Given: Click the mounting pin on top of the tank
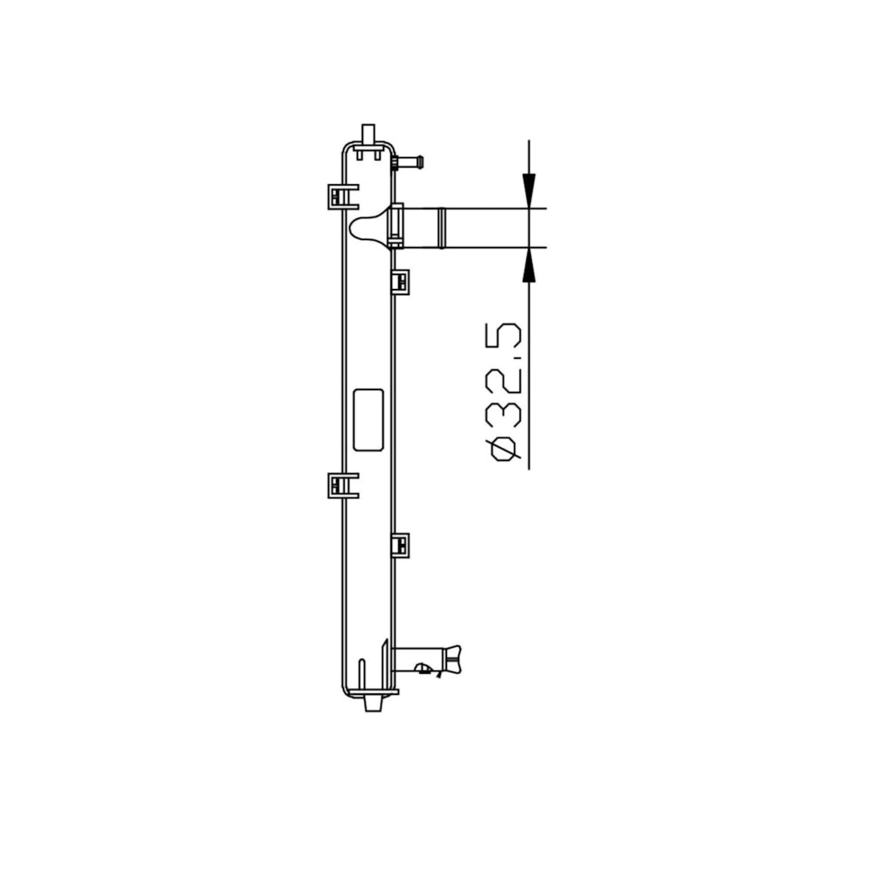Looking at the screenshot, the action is (368, 134).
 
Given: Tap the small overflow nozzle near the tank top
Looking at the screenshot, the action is (408, 162).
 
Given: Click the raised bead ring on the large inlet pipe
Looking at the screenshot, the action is (442, 228).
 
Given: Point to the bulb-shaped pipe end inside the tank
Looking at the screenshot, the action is (368, 228).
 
